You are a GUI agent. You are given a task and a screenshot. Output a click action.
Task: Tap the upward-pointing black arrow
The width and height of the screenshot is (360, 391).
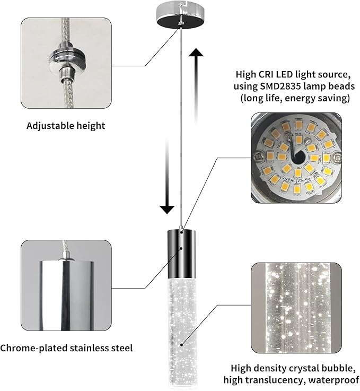pyautogui.click(x=197, y=85)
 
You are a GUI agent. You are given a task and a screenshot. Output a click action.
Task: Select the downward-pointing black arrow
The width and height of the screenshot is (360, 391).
pyautogui.click(x=167, y=175)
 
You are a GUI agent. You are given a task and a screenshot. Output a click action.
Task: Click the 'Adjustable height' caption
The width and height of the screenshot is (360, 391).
pyautogui.click(x=66, y=126)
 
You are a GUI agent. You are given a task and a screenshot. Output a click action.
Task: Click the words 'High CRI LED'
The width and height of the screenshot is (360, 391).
pyautogui.click(x=262, y=75)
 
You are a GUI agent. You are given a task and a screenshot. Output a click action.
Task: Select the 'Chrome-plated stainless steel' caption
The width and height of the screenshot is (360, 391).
pyautogui.click(x=66, y=348)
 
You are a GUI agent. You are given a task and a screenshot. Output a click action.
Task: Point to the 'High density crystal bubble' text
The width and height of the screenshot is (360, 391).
pyautogui.click(x=295, y=368)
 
